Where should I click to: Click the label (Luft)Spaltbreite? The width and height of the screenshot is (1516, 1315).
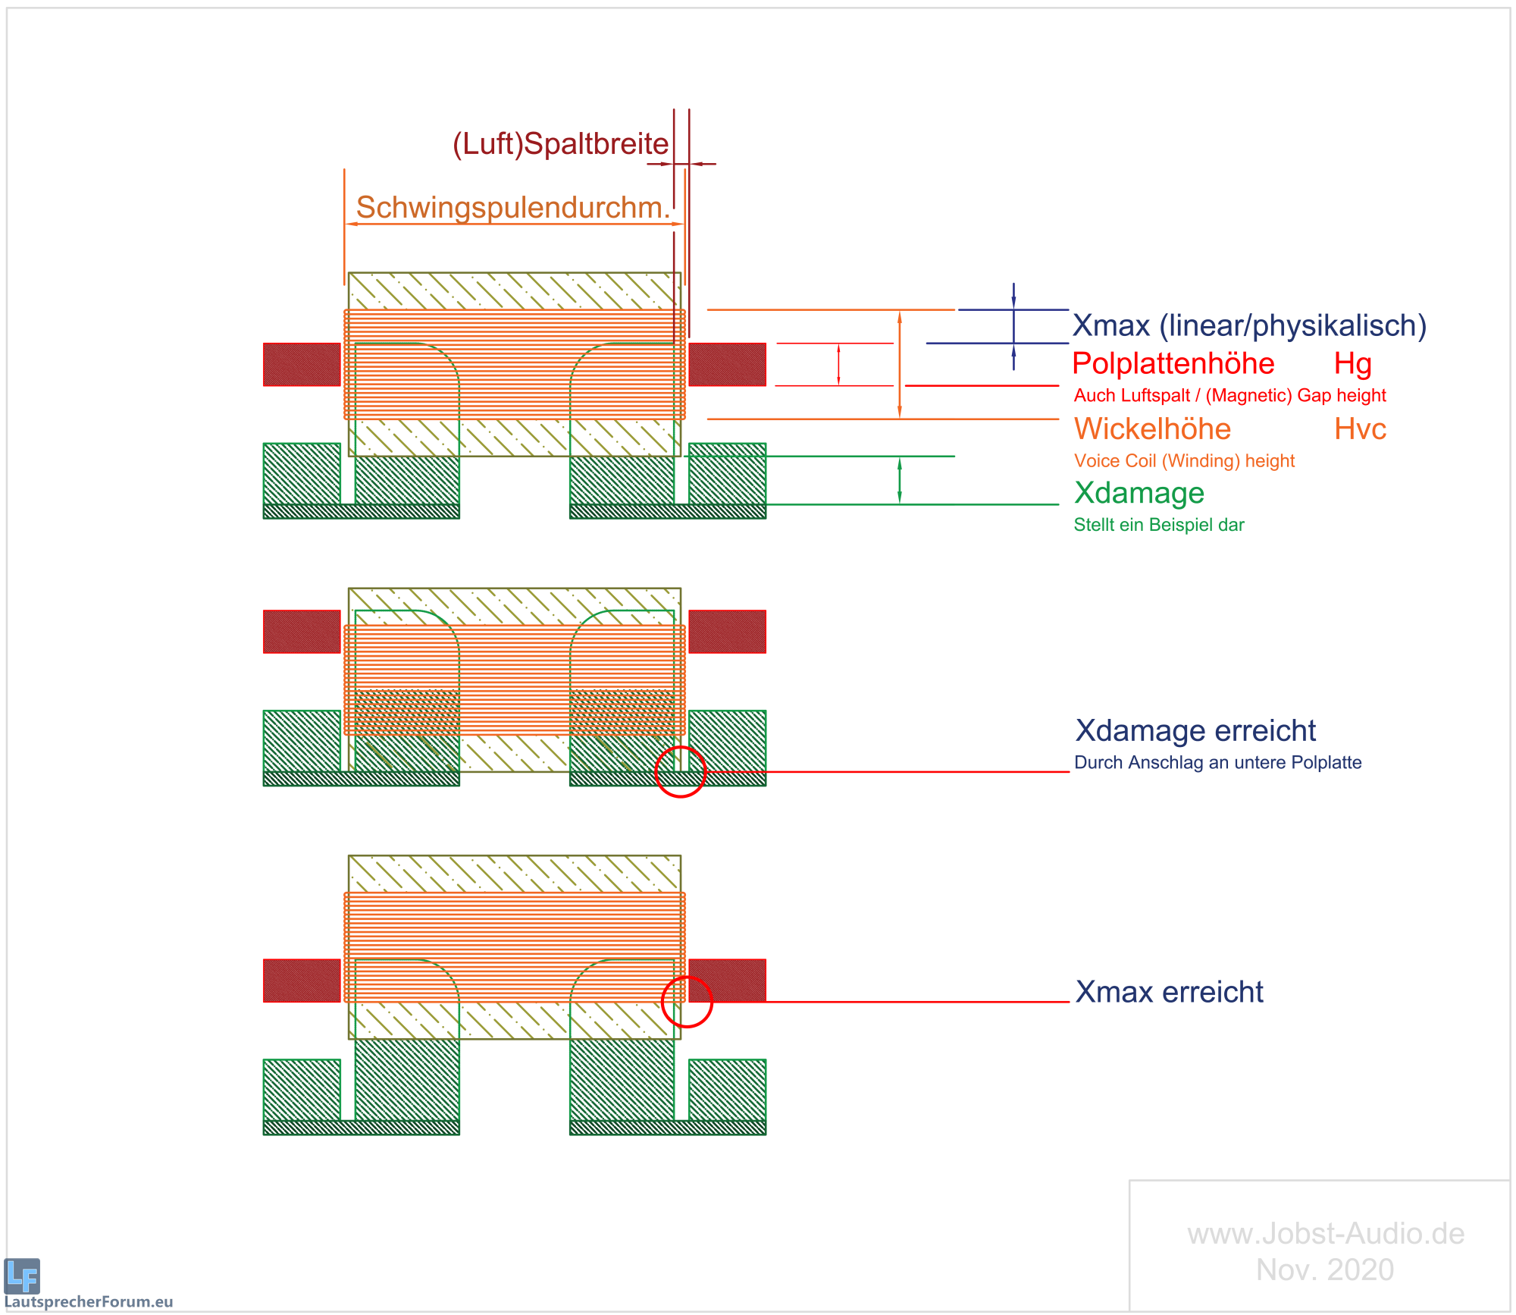560,144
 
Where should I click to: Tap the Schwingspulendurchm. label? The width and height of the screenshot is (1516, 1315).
513,208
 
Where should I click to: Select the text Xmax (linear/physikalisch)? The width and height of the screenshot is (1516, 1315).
1249,325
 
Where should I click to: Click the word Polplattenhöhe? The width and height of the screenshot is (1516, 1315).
1173,363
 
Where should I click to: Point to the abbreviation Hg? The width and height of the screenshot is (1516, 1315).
1353,363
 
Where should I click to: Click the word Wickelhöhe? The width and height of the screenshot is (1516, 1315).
1152,429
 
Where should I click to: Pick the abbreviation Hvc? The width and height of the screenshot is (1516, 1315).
1360,429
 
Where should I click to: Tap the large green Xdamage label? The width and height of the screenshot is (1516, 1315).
1139,493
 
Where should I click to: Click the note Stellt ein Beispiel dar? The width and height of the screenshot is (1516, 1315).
1158,525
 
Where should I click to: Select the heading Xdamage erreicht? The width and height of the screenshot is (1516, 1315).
1195,731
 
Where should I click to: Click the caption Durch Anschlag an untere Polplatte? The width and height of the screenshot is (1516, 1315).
1217,763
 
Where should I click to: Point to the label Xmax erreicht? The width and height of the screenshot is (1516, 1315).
1169,992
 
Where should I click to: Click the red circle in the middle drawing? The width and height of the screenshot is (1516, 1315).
680,772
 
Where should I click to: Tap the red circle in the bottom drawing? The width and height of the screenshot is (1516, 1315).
687,1002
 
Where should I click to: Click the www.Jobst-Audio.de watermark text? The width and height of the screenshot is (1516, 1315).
1326,1234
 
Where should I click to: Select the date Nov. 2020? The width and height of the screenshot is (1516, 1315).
1325,1269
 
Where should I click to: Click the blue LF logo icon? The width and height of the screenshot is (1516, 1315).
22,1276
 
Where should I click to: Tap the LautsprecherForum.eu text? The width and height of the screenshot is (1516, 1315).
89,1302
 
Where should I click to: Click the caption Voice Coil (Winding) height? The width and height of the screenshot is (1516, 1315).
1184,461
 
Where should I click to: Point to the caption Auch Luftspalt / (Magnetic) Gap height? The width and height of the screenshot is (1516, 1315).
1229,395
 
